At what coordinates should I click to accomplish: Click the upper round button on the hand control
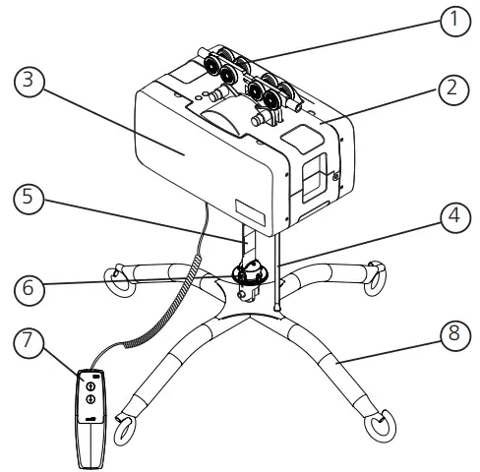(90, 386)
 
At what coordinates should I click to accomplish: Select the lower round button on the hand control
(90, 400)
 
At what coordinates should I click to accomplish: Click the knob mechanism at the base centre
(250, 273)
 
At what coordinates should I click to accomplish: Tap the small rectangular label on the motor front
(250, 208)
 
